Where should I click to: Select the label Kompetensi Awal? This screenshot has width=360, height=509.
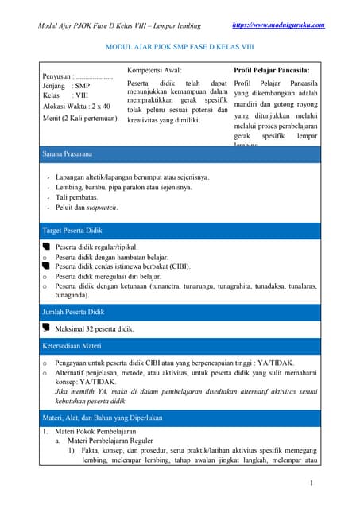(154, 70)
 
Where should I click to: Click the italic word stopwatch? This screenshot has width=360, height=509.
(101, 208)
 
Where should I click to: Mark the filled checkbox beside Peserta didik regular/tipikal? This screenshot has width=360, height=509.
(46, 247)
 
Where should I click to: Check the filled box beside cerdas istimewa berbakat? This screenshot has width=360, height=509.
(46, 266)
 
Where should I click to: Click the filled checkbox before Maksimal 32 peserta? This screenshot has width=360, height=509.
(46, 328)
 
